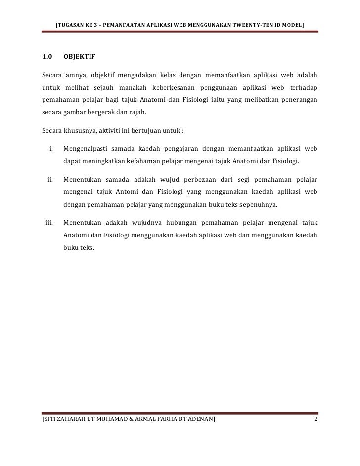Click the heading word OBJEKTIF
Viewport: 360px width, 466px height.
click(x=80, y=57)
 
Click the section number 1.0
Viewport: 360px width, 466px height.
click(x=48, y=57)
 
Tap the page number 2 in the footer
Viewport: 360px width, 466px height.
click(x=315, y=420)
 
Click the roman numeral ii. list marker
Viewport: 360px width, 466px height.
click(x=50, y=179)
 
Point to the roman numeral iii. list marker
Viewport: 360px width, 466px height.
click(x=49, y=222)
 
